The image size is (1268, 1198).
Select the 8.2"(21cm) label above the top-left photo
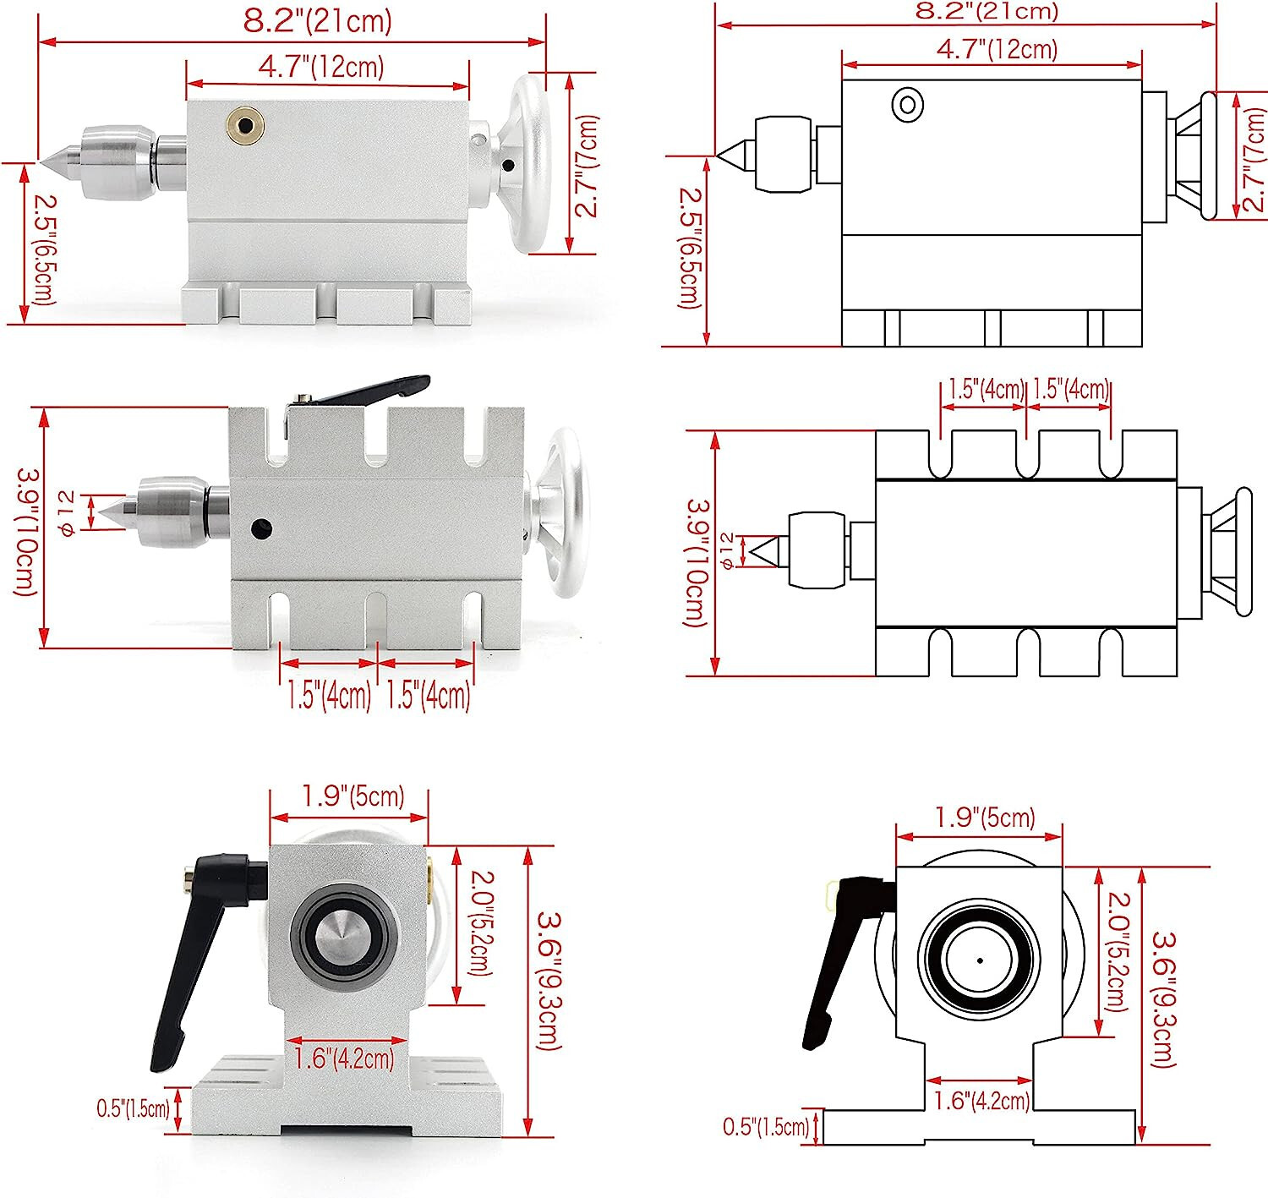[317, 20]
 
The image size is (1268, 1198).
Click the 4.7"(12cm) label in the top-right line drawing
[997, 48]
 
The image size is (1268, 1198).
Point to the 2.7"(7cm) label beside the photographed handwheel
[587, 166]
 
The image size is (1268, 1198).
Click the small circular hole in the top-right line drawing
[907, 105]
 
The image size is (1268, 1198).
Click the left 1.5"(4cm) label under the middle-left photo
[328, 695]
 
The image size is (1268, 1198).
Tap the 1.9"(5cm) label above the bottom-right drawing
[984, 818]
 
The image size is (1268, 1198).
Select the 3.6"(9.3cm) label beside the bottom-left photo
[550, 981]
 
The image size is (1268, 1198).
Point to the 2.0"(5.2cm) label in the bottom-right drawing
[1118, 951]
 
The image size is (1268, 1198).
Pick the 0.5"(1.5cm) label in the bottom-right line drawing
[766, 1126]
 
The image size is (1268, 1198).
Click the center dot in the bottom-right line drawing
[980, 960]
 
